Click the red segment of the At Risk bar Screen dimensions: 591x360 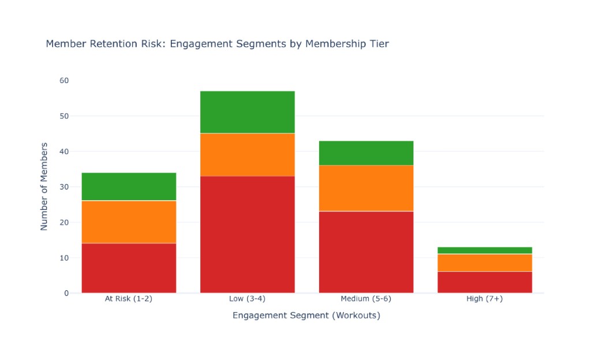[129, 268]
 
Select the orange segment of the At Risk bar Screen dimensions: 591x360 [129, 222]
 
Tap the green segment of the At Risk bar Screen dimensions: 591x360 [129, 187]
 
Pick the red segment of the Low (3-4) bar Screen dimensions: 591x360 [248, 235]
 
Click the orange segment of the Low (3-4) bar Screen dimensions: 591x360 [248, 155]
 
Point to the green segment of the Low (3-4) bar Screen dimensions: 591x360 [248, 112]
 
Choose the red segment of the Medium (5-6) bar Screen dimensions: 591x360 [366, 252]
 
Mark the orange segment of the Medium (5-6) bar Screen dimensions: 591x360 [366, 188]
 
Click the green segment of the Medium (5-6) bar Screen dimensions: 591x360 [366, 153]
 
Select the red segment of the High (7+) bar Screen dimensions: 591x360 [485, 283]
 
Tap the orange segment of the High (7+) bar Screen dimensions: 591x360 [485, 263]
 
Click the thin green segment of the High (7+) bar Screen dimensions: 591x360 [485, 250]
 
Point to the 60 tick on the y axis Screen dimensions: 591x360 [64, 81]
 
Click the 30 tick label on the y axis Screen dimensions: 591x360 [64, 187]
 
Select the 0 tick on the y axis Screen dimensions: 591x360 [67, 293]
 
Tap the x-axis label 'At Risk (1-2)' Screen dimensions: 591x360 [129, 299]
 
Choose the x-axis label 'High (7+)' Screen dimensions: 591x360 [485, 299]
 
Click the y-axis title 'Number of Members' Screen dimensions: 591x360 [44, 186]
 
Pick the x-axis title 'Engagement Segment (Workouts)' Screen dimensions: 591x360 [306, 316]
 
